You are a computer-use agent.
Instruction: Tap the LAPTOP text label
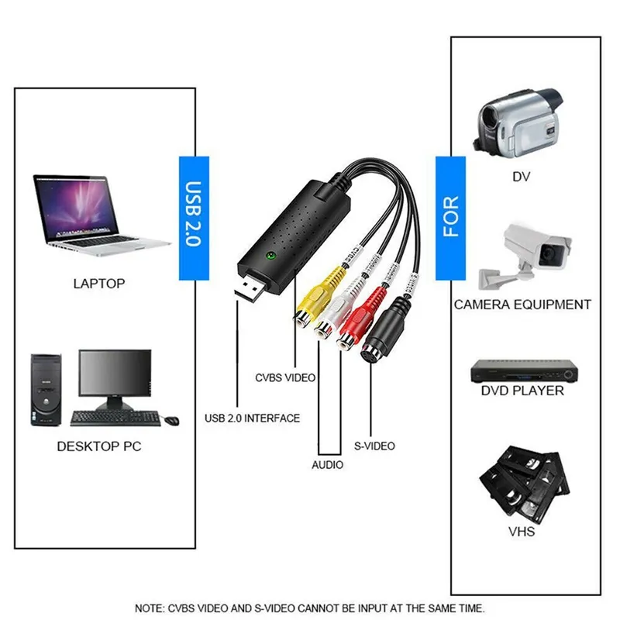(98, 283)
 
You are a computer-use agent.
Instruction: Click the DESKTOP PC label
(99, 447)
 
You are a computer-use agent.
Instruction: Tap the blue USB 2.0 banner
(194, 217)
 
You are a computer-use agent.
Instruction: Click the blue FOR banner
(450, 217)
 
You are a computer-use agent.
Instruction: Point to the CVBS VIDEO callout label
(285, 378)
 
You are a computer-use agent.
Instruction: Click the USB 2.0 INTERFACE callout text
(252, 418)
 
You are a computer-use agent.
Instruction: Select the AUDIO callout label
(328, 465)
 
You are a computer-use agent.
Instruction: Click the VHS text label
(522, 532)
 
